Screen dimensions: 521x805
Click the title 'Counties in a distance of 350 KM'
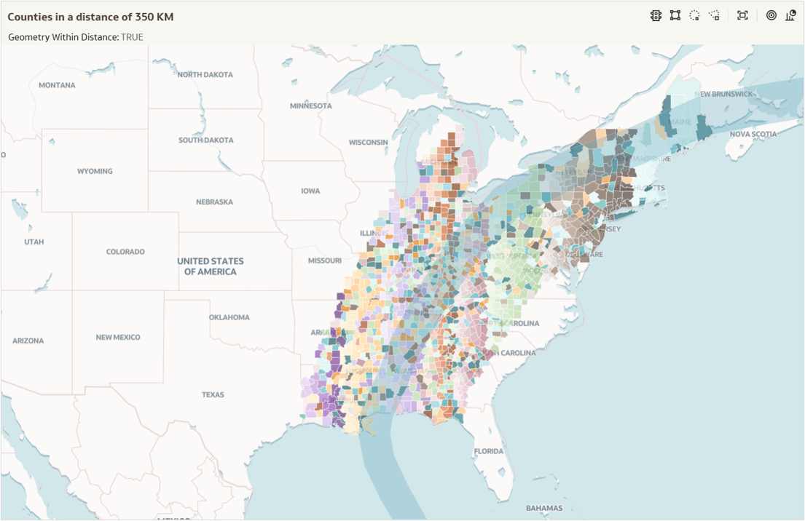coord(90,17)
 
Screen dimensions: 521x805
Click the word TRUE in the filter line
coord(132,37)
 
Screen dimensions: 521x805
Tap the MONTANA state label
coord(57,85)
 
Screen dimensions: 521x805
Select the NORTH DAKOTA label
coord(205,75)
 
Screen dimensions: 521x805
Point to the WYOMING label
coord(95,172)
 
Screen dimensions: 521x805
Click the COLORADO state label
coord(125,252)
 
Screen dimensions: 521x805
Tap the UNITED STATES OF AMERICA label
coord(211,266)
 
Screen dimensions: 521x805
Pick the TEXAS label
coord(213,395)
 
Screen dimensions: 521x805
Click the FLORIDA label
coord(488,452)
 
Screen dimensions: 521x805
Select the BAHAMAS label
coord(544,508)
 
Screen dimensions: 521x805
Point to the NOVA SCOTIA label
coord(753,135)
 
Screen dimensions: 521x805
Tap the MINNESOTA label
coord(310,106)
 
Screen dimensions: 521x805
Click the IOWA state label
coord(310,191)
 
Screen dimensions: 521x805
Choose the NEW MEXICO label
coord(118,338)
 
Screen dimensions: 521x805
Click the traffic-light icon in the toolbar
coord(656,15)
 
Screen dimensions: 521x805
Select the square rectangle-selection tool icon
coord(675,15)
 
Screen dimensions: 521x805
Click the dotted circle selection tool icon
coord(694,15)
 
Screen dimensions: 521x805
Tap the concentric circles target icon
coord(771,15)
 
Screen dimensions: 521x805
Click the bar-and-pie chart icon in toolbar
coord(790,15)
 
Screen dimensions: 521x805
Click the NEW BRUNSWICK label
coord(723,95)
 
